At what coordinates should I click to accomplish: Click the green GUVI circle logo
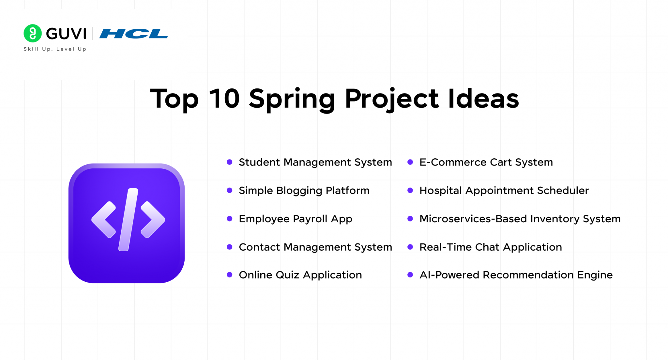tap(33, 33)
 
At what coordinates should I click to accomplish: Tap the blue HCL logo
tap(133, 34)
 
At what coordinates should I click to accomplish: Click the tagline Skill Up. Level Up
tap(55, 49)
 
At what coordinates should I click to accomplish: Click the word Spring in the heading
tap(292, 99)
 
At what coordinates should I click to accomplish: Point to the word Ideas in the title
tap(483, 98)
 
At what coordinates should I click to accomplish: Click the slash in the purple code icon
tap(128, 219)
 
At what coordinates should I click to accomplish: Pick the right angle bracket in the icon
tap(152, 219)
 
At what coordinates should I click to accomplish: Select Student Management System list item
tap(315, 162)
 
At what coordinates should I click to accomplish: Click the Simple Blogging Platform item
tap(304, 191)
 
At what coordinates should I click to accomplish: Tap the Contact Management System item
tap(315, 247)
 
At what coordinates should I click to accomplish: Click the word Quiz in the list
tap(287, 275)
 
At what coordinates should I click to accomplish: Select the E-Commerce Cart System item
tap(486, 162)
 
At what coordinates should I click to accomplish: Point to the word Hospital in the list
tap(440, 191)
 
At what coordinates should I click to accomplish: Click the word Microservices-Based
tap(473, 219)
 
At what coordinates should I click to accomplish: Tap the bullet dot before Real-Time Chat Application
tap(410, 247)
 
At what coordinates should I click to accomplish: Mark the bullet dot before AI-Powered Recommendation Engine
tap(410, 275)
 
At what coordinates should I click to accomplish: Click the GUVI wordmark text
tap(66, 34)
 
